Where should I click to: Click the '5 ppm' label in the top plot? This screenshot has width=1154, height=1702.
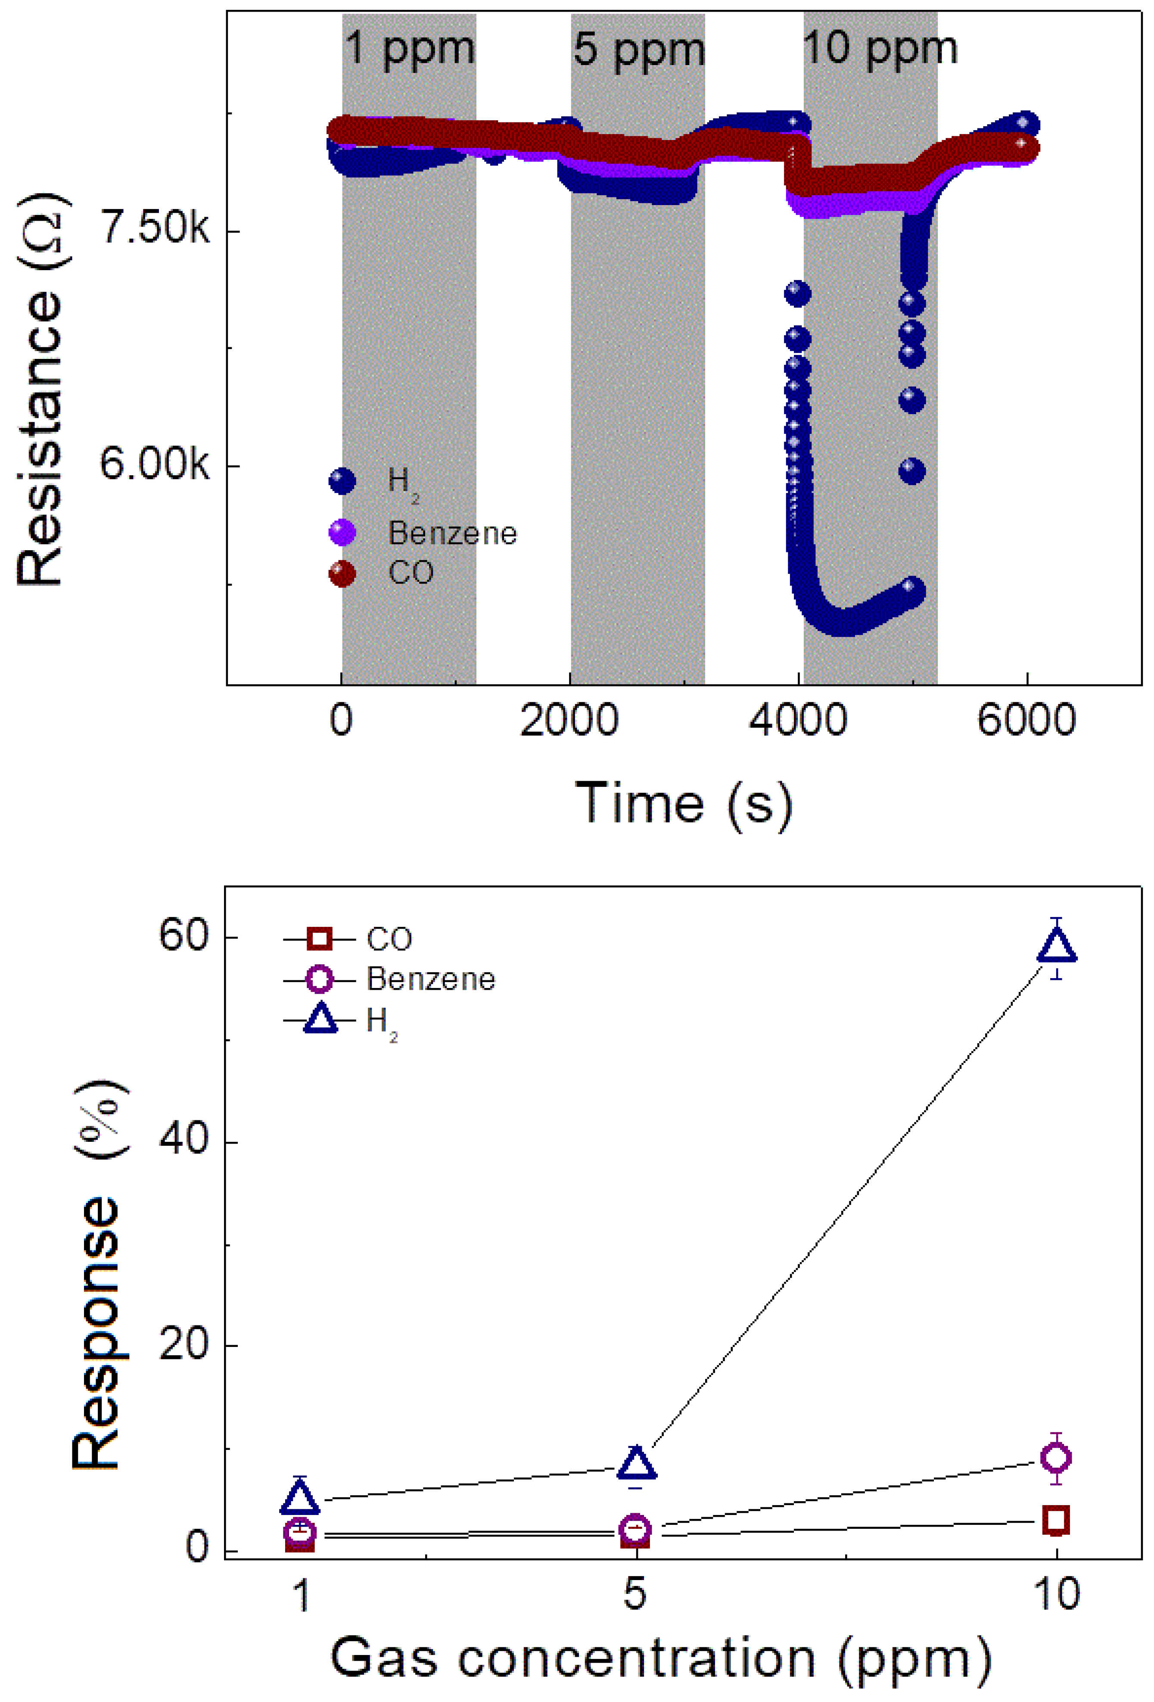(x=638, y=50)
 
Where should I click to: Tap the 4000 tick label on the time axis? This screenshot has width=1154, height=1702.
(x=797, y=720)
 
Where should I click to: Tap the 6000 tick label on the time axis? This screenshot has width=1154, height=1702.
(x=1026, y=720)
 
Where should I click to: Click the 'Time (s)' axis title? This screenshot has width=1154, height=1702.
(x=683, y=804)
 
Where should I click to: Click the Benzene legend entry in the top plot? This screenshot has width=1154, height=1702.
(x=452, y=533)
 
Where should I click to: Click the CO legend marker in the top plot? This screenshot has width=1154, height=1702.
(x=342, y=573)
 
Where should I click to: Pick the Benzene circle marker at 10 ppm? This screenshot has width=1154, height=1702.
(x=1056, y=1458)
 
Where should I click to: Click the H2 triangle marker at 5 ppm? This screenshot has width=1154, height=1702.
(x=636, y=1464)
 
